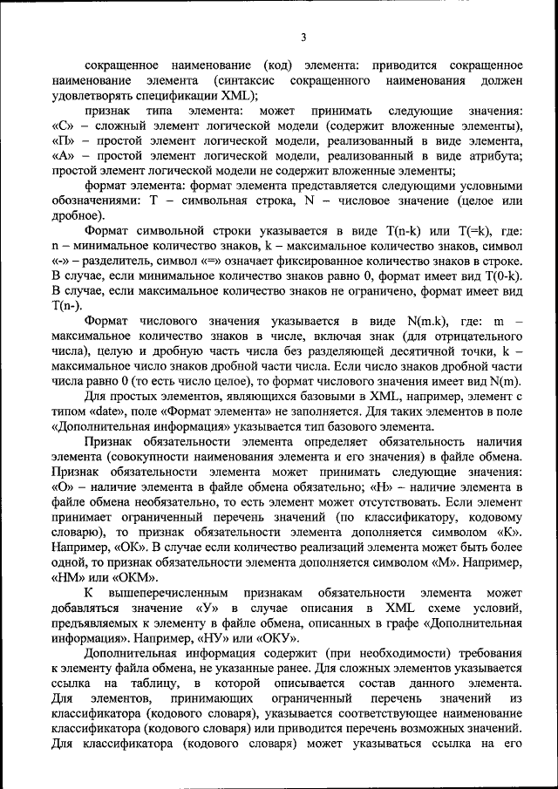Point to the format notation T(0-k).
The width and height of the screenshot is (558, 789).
[x=502, y=275]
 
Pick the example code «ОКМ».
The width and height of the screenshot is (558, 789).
[x=134, y=576]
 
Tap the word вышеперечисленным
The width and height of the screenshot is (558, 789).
[x=166, y=591]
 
